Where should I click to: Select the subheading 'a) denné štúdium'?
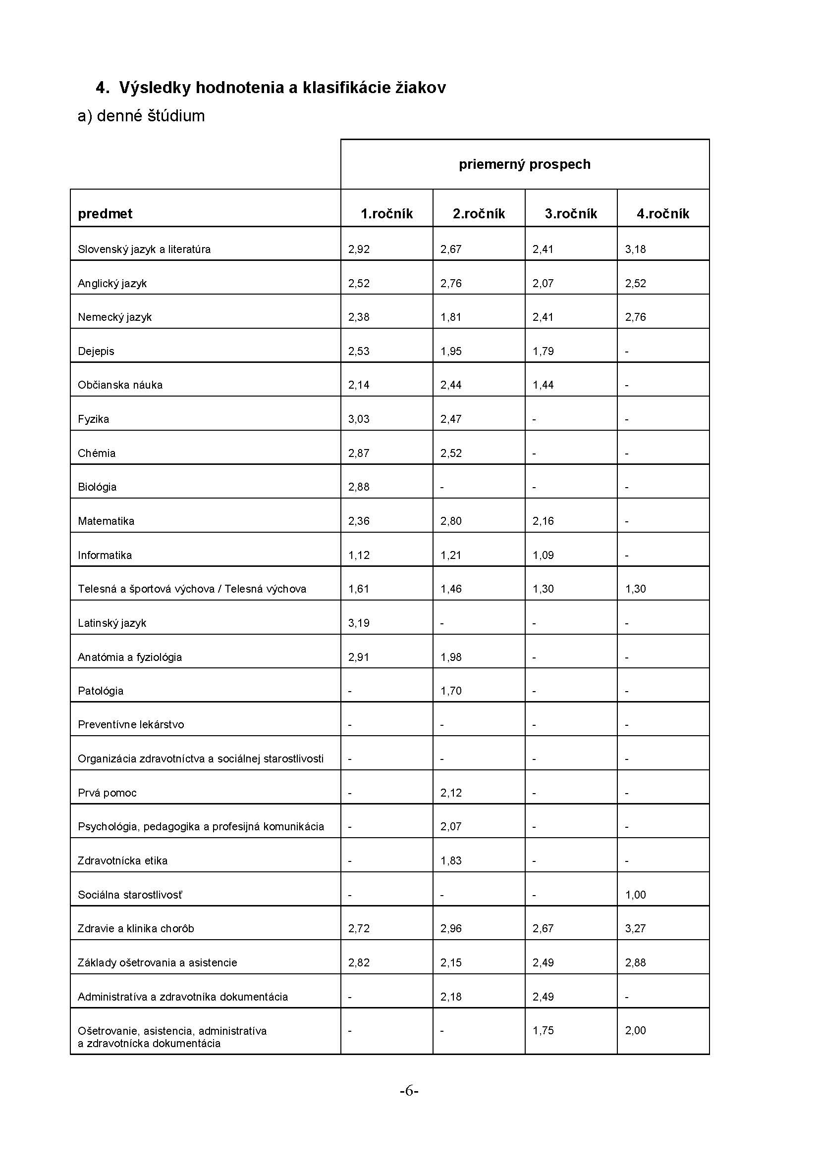pos(141,116)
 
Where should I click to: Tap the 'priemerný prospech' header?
pos(524,164)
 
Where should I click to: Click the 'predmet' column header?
pos(105,214)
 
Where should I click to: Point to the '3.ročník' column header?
pos(571,214)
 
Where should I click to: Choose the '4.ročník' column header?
pos(662,214)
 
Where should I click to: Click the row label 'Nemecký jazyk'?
pos(114,317)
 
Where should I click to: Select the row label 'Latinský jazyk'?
pos(112,623)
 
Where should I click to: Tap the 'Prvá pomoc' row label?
pos(107,793)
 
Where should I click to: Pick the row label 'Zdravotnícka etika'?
pos(122,861)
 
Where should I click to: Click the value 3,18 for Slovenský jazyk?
pos(635,249)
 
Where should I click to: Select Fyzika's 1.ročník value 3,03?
pos(359,419)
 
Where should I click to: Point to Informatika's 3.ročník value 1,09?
pos(543,555)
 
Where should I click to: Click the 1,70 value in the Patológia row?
pos(451,691)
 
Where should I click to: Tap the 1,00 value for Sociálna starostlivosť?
pos(635,895)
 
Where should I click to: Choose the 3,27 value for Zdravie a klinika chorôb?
pos(635,928)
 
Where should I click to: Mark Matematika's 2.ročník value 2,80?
pos(451,521)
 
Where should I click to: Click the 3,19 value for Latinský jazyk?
pos(359,623)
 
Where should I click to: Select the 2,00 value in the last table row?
pos(635,1030)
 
